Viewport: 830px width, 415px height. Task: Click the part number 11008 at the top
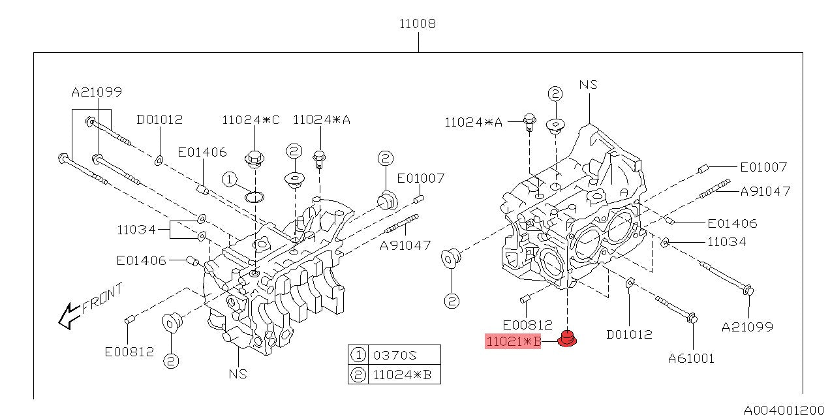click(418, 23)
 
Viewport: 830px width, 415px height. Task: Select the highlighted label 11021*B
click(513, 341)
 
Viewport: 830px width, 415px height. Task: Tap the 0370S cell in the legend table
click(395, 356)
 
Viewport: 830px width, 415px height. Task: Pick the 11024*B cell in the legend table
click(402, 375)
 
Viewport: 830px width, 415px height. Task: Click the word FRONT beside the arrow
click(102, 298)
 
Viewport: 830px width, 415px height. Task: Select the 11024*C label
click(251, 119)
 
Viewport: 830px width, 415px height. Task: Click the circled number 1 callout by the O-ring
click(230, 179)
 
